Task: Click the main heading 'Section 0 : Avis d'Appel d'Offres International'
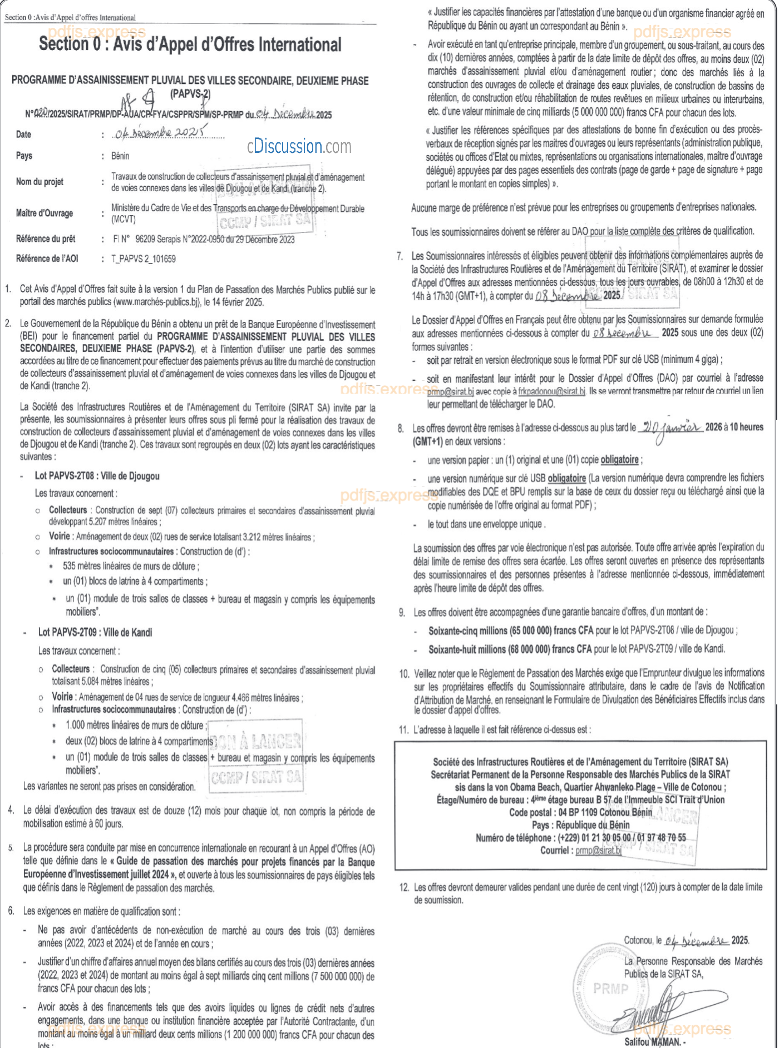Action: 190,44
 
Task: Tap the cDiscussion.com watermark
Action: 299,146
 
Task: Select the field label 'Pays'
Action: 24,156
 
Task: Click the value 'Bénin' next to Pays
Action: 120,156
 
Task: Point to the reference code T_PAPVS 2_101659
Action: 144,259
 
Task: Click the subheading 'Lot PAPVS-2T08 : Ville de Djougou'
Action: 97,476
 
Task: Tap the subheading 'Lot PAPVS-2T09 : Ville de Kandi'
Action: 95,632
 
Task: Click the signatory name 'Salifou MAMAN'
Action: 652,1042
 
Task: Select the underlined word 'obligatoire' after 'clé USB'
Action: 566,478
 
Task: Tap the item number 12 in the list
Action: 405,887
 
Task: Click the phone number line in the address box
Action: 580,838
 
